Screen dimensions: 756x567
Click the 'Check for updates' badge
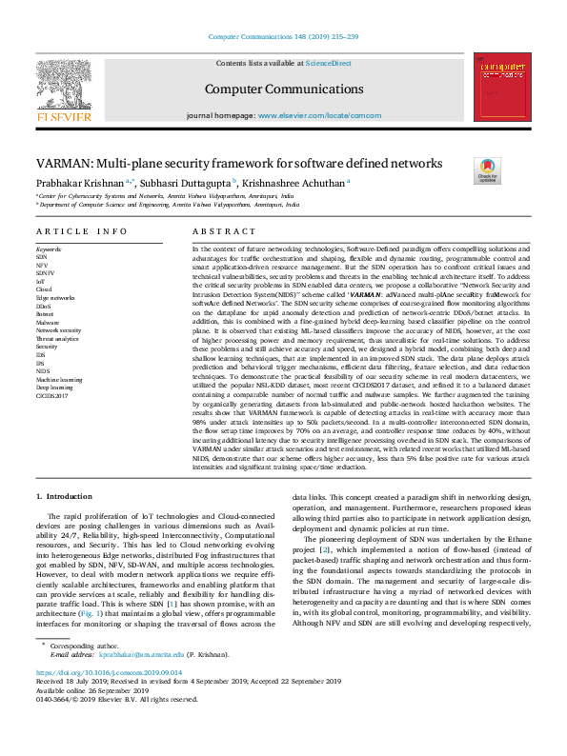(x=514, y=171)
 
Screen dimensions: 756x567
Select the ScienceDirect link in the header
(x=327, y=63)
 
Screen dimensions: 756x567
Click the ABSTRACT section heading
(x=218, y=231)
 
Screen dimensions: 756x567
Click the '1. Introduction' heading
(x=64, y=497)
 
